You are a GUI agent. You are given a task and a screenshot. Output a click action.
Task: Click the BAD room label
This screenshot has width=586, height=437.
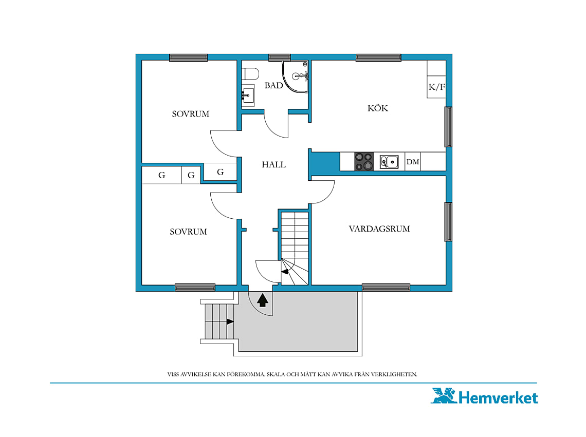coord(273,86)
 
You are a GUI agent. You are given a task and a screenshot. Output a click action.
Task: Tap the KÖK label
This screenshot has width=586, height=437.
coord(378,108)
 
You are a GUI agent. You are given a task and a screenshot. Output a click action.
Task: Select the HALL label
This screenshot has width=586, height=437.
coord(273,164)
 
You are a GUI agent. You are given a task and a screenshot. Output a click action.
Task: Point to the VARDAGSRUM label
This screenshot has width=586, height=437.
coord(379,229)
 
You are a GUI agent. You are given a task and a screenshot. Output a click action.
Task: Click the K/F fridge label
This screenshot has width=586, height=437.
coord(436,87)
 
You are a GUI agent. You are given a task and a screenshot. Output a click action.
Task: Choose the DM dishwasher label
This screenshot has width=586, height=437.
coord(413,162)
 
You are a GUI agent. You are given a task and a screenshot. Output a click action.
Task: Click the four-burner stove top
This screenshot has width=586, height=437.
coord(363,161)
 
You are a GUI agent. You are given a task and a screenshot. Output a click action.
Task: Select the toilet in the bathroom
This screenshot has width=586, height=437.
coord(250,74)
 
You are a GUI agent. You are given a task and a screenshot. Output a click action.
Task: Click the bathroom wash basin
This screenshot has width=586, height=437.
coord(248,96)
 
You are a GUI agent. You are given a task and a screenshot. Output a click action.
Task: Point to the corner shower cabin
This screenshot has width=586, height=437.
coord(295,77)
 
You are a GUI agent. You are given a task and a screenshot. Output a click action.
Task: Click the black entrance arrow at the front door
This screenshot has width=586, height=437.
coord(263,300)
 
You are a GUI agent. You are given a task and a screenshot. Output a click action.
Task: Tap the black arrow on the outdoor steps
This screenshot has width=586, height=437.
coord(230,321)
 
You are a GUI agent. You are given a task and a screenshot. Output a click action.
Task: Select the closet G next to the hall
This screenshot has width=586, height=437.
coord(221,172)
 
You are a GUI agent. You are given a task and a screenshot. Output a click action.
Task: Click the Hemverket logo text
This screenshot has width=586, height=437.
coord(498,398)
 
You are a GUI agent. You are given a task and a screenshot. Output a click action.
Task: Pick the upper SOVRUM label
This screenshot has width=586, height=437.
coord(190,114)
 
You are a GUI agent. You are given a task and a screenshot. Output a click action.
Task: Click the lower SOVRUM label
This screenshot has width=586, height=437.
coord(188,232)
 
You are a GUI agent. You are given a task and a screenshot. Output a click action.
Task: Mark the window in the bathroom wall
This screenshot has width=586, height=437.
coord(280,58)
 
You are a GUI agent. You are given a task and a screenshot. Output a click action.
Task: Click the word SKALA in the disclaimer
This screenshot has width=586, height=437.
coord(276,374)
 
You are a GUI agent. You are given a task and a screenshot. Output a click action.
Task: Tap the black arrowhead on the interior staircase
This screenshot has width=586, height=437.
coord(285,272)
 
